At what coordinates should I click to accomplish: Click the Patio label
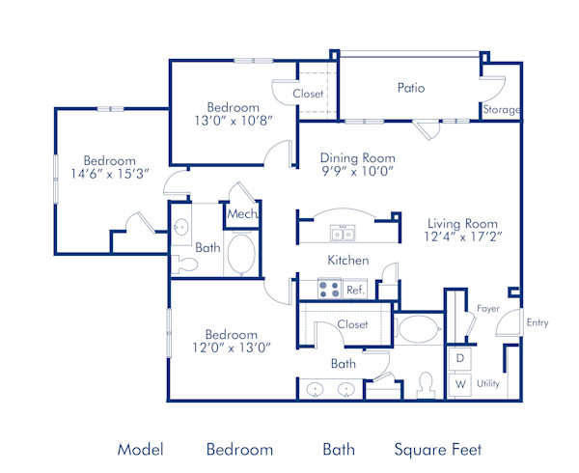pyautogui.click(x=411, y=88)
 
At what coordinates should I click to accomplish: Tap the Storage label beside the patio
pyautogui.click(x=501, y=110)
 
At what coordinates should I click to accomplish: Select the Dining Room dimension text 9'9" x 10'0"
pyautogui.click(x=358, y=172)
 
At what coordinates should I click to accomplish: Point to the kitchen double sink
pyautogui.click(x=343, y=233)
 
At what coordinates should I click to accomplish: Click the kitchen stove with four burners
pyautogui.click(x=328, y=288)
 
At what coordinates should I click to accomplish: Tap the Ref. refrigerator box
pyautogui.click(x=355, y=289)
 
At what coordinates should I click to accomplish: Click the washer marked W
pyautogui.click(x=459, y=383)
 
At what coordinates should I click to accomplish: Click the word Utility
pyautogui.click(x=488, y=383)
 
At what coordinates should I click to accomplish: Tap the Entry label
pyautogui.click(x=537, y=322)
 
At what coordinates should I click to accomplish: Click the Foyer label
pyautogui.click(x=488, y=308)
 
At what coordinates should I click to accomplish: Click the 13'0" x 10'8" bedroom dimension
pyautogui.click(x=233, y=122)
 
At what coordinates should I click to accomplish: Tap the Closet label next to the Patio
pyautogui.click(x=308, y=94)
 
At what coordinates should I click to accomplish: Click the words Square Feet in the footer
pyautogui.click(x=437, y=449)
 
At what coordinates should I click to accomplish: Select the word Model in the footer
pyautogui.click(x=140, y=449)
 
